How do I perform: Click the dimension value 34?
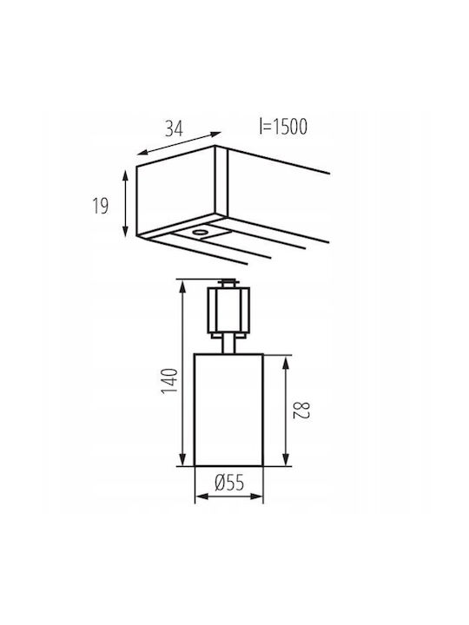click(175, 128)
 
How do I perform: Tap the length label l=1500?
click(283, 127)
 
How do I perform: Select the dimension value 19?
click(101, 206)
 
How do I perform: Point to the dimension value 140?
click(169, 381)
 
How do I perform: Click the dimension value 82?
click(302, 411)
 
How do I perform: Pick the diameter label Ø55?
click(229, 483)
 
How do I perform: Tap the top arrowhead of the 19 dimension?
click(126, 175)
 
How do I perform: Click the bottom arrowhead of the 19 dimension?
click(126, 231)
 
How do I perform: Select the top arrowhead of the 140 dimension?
click(182, 286)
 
